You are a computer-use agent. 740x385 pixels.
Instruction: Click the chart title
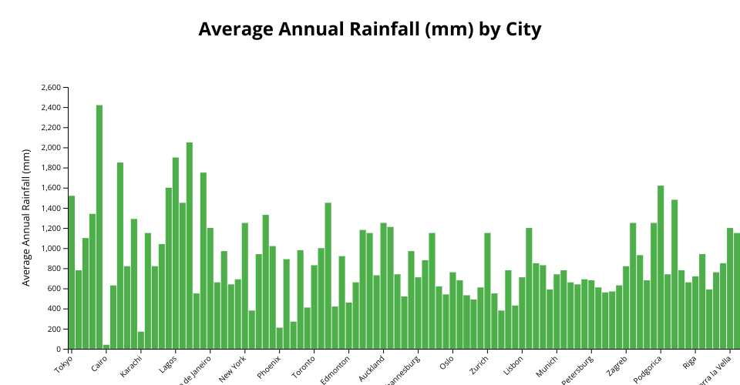[370, 29]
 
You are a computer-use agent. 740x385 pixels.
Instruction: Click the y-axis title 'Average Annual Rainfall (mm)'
[26, 218]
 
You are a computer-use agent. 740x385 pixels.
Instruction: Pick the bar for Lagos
[176, 253]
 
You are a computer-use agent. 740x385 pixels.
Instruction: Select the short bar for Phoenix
[280, 338]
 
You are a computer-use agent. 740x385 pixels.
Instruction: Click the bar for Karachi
[141, 340]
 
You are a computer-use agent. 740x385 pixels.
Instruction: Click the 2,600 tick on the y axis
[50, 88]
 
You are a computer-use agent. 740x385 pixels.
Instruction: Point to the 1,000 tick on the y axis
[50, 249]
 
